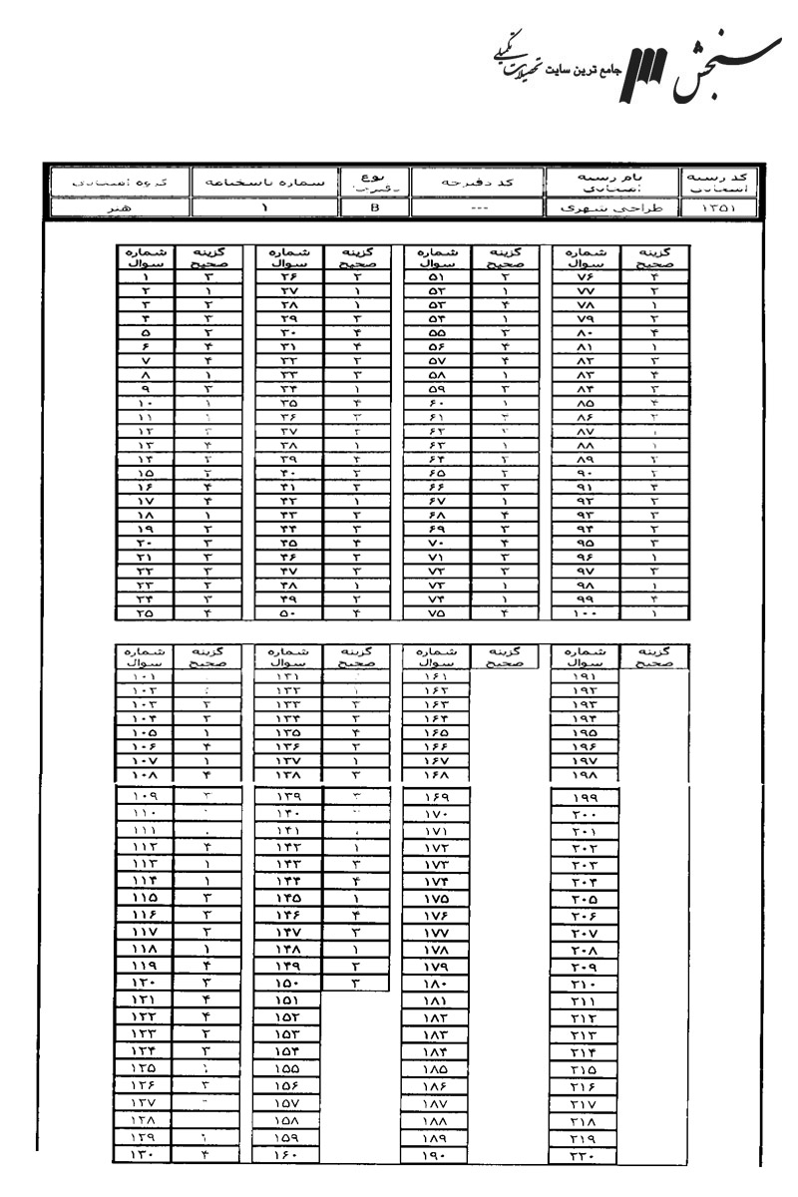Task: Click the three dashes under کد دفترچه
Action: point(469,209)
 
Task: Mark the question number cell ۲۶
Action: point(289,278)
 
